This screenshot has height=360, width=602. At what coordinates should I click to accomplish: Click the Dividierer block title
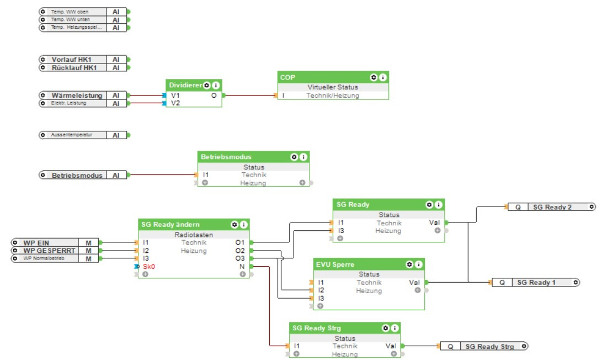click(x=184, y=86)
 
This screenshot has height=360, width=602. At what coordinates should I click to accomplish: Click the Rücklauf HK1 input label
click(x=74, y=67)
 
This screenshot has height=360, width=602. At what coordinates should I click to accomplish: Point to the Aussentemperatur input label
click(x=72, y=135)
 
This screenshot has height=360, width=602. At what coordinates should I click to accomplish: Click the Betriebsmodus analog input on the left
click(x=77, y=175)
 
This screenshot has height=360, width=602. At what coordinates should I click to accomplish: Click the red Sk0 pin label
click(x=148, y=266)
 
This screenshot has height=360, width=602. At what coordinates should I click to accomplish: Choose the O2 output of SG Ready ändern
click(x=240, y=251)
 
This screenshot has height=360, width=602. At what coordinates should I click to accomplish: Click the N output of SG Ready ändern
click(x=242, y=266)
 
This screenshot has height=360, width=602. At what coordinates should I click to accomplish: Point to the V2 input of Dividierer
click(x=175, y=103)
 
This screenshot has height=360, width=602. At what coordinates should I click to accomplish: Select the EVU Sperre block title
click(x=335, y=264)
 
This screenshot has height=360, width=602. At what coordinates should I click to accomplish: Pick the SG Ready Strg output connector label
click(x=489, y=346)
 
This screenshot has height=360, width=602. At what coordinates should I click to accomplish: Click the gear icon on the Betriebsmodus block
click(x=294, y=157)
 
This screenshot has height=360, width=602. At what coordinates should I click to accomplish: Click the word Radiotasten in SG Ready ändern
click(x=193, y=234)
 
